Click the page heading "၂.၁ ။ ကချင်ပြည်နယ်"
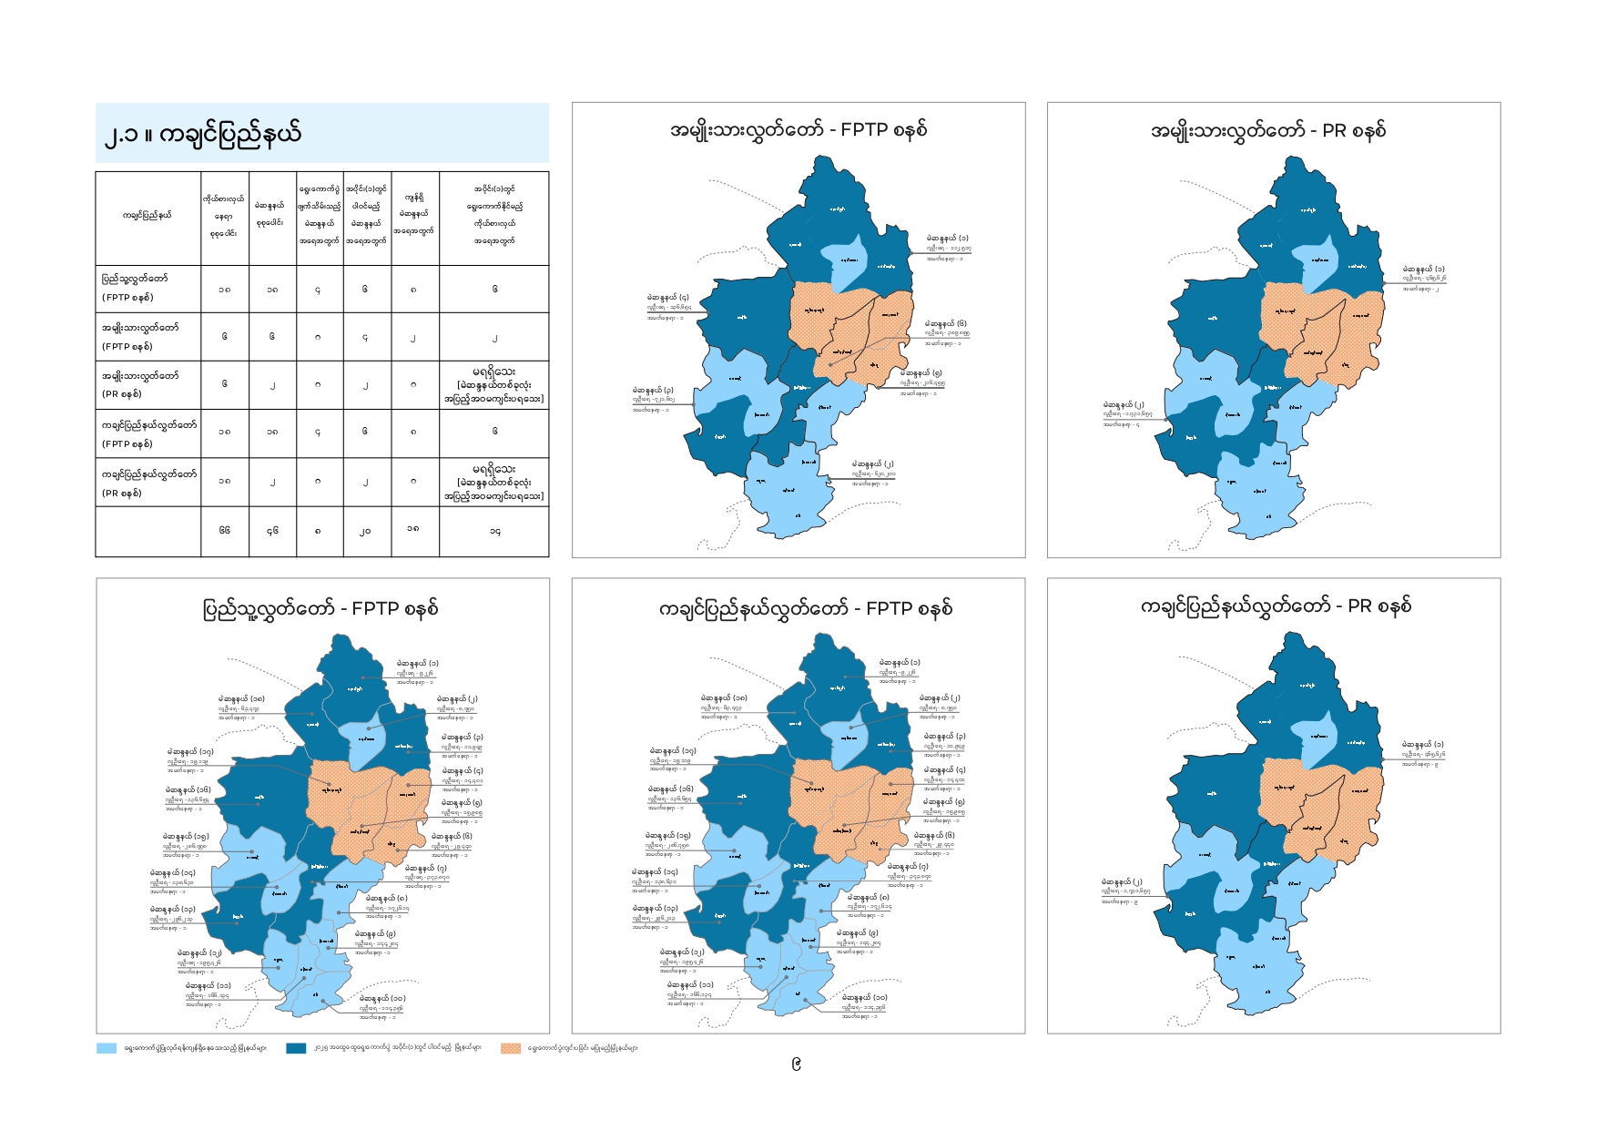coord(202,134)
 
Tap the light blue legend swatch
coord(107,1048)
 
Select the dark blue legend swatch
coord(296,1048)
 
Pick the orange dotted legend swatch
coord(511,1048)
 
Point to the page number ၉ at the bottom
coord(797,1064)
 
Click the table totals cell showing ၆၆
coord(225,530)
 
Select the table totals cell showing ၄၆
coord(272,530)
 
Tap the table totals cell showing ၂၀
coord(365,530)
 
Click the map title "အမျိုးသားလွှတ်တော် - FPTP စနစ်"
coord(798,129)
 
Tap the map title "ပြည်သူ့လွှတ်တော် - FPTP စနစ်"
coord(320,608)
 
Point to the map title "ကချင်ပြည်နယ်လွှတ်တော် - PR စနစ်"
coord(1276,606)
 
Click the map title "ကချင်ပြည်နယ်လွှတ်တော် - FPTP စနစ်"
coord(806,608)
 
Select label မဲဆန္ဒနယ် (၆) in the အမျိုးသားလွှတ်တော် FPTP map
coord(945,323)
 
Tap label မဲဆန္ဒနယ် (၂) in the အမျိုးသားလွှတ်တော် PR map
coord(1123,404)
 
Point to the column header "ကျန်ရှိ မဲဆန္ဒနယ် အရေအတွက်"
coord(415,214)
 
